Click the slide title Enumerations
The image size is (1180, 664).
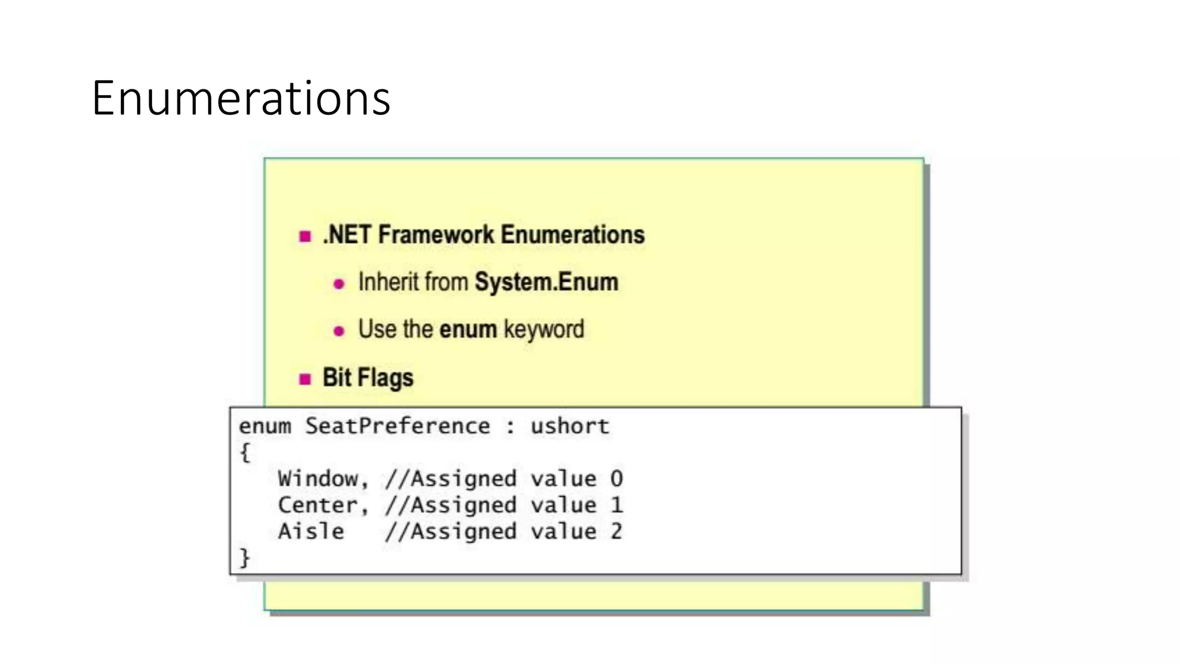[241, 98]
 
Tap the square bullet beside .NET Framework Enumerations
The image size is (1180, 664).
[305, 236]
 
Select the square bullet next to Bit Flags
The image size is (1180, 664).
[305, 379]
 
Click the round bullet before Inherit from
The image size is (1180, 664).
[339, 284]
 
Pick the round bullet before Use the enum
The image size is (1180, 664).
[339, 331]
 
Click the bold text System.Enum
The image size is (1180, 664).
[546, 282]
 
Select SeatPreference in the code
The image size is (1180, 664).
[398, 426]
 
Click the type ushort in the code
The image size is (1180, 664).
[569, 426]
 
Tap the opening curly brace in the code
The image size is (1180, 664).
[245, 452]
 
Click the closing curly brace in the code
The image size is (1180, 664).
[245, 557]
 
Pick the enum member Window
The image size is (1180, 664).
[318, 479]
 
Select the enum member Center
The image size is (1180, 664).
[318, 505]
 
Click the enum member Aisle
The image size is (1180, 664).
[311, 531]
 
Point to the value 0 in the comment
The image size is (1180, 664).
[617, 479]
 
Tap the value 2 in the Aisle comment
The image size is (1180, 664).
[617, 531]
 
